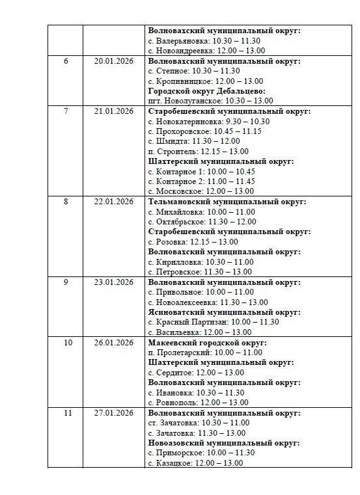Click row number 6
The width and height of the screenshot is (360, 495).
[x=65, y=61]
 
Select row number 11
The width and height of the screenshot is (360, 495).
[x=65, y=413]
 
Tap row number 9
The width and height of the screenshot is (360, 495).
[x=65, y=282]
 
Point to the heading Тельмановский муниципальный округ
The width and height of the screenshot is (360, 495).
[x=227, y=202]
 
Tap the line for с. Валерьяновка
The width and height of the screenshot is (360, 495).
[x=199, y=41]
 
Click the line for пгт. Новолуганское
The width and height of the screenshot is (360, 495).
[x=211, y=101]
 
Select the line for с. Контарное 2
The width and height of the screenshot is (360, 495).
[x=202, y=181]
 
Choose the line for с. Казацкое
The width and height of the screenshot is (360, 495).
[x=195, y=463]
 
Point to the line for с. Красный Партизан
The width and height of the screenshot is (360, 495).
[x=214, y=322]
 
